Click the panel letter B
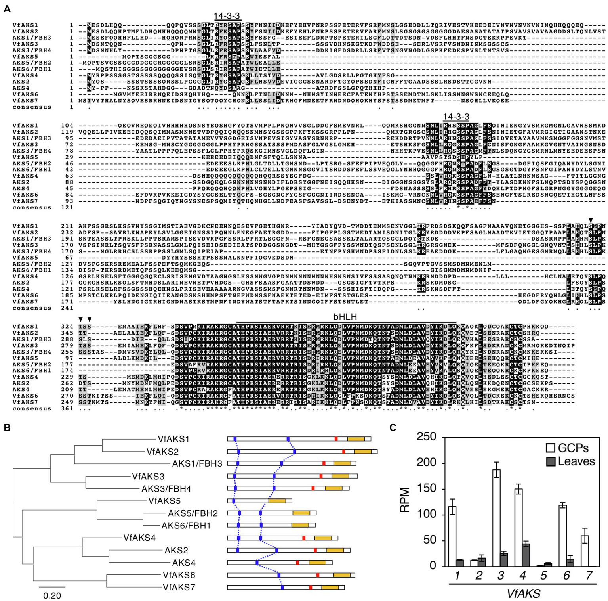[7, 428]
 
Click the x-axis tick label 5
[543, 575]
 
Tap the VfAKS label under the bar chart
[524, 593]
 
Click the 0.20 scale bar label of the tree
[52, 595]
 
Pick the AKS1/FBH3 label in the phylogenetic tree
[197, 464]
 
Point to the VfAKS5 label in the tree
[164, 501]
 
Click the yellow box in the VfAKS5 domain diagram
[277, 501]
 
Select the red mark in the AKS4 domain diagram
[297, 563]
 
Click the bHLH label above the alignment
[345, 317]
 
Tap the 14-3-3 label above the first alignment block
[227, 16]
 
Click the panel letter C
[393, 428]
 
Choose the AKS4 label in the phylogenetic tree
[184, 563]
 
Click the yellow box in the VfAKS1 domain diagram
[356, 439]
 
